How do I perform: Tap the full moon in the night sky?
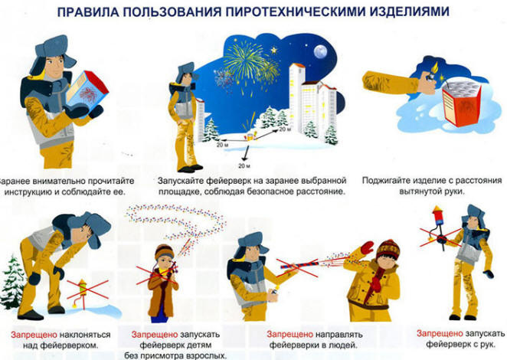(320, 51)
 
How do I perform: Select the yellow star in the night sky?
(274, 50)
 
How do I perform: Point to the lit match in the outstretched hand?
(434, 69)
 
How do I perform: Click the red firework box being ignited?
(462, 103)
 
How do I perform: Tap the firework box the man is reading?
(87, 91)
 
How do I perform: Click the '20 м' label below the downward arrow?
(245, 166)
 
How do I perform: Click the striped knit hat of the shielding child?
(388, 249)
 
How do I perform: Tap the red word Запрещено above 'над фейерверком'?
(34, 335)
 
